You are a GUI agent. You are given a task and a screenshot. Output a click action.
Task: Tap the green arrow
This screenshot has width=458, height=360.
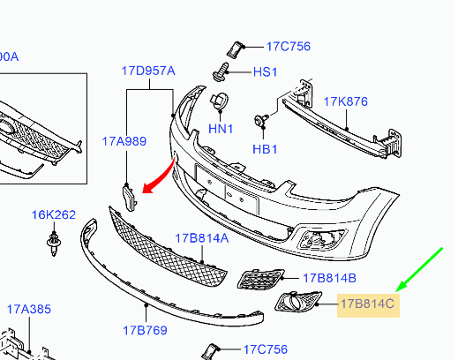(x=419, y=270)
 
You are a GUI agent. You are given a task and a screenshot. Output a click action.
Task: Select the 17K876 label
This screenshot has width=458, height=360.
(x=345, y=101)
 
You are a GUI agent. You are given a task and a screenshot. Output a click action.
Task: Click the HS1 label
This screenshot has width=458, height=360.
(x=265, y=72)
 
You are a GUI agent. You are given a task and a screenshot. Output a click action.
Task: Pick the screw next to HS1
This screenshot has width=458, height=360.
(x=221, y=71)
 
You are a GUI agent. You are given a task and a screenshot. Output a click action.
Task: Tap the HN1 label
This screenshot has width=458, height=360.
(x=221, y=129)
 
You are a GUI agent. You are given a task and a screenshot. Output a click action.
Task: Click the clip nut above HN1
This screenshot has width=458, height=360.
(x=220, y=101)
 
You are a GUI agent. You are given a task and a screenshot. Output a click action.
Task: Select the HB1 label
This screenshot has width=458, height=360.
(x=265, y=149)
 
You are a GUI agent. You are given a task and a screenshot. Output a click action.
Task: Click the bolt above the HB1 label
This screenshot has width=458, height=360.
(x=261, y=120)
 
